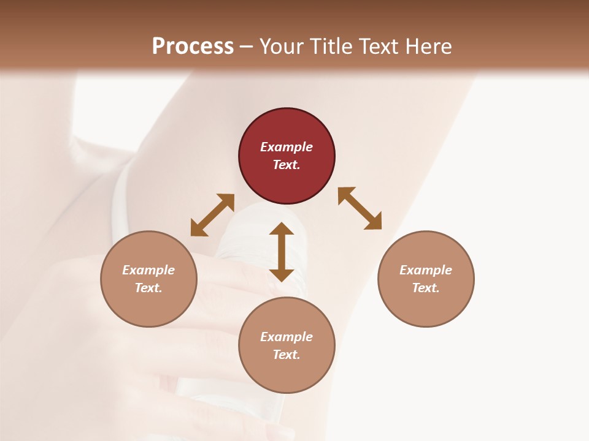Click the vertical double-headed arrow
(x=282, y=252)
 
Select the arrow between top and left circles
(x=212, y=215)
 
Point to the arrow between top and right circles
(x=360, y=208)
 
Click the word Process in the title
(x=193, y=46)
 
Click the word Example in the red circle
(x=287, y=147)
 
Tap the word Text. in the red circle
(x=287, y=165)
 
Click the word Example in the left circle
(x=148, y=270)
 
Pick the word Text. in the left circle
(x=148, y=288)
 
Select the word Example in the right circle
(x=426, y=270)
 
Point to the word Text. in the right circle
(x=426, y=288)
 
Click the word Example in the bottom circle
(x=287, y=337)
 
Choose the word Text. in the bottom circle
(x=287, y=355)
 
